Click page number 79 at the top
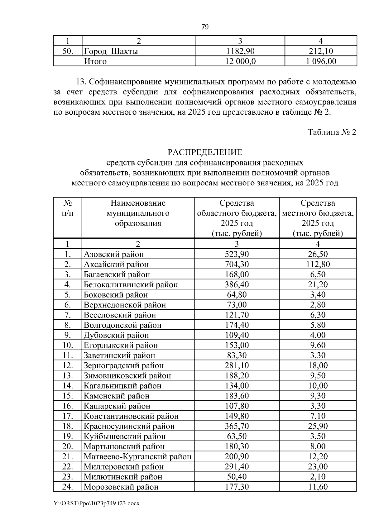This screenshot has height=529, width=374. tap(205, 27)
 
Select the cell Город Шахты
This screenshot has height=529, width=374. tap(111, 51)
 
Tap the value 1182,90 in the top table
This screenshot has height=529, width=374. tap(240, 51)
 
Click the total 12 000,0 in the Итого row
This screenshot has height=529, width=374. tap(240, 61)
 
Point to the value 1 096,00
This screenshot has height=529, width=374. tap(321, 61)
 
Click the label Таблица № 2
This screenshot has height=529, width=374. tap(332, 132)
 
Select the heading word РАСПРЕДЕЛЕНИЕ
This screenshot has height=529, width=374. tap(205, 152)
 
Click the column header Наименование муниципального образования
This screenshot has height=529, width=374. tap(138, 213)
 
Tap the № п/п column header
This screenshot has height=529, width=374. tap(68, 208)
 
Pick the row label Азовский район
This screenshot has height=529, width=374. tap(114, 254)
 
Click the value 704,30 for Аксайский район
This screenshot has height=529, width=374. tap(237, 264)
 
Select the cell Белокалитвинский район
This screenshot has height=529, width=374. tap(131, 284)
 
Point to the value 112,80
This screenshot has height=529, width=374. tap(318, 264)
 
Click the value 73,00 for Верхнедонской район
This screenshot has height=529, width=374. tap(237, 305)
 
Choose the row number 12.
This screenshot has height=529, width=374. tap(68, 365)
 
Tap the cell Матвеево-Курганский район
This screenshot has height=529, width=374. tap(137, 456)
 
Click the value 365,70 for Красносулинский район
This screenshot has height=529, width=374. tap(237, 426)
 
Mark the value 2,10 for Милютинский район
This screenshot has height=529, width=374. tap(318, 477)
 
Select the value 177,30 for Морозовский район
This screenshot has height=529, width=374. tap(237, 487)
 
